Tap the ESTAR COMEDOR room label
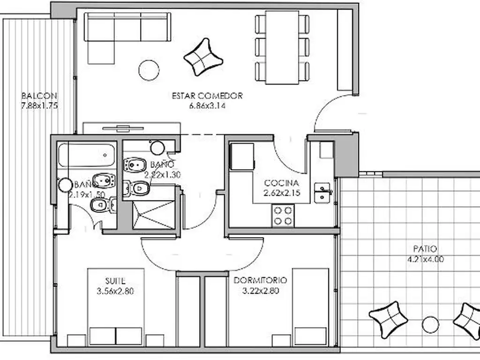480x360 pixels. [207, 96]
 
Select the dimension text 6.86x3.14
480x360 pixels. [207, 106]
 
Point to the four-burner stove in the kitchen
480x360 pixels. [283, 216]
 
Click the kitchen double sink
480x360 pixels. [322, 192]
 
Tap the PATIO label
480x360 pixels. [426, 249]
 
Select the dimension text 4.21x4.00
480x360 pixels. [426, 259]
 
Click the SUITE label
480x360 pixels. [115, 281]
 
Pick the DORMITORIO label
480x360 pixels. [261, 281]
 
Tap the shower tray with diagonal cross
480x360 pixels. [153, 215]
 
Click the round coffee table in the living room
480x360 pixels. [149, 70]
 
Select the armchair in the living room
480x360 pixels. [203, 57]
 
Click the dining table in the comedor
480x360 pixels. [282, 47]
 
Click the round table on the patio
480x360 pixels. [429, 324]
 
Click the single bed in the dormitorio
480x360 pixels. [310, 307]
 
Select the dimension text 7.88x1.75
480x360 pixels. [39, 106]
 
